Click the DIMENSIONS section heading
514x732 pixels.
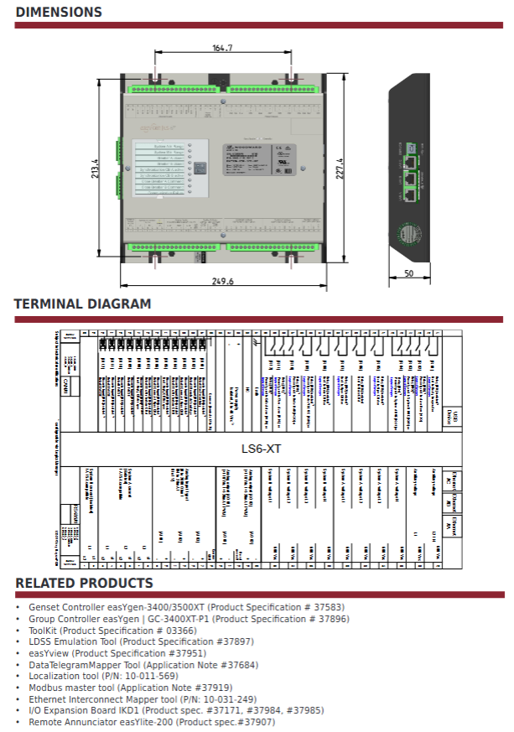tap(59, 12)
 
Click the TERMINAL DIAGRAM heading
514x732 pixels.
tap(83, 304)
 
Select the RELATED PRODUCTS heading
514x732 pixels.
tap(84, 583)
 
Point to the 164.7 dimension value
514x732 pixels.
tap(222, 49)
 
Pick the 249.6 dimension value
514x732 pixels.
tap(222, 282)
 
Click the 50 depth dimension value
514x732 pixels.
tap(408, 274)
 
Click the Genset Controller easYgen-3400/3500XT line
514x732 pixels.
tap(186, 606)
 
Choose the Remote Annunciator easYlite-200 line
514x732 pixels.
tap(151, 722)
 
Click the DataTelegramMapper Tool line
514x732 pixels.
tap(143, 664)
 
